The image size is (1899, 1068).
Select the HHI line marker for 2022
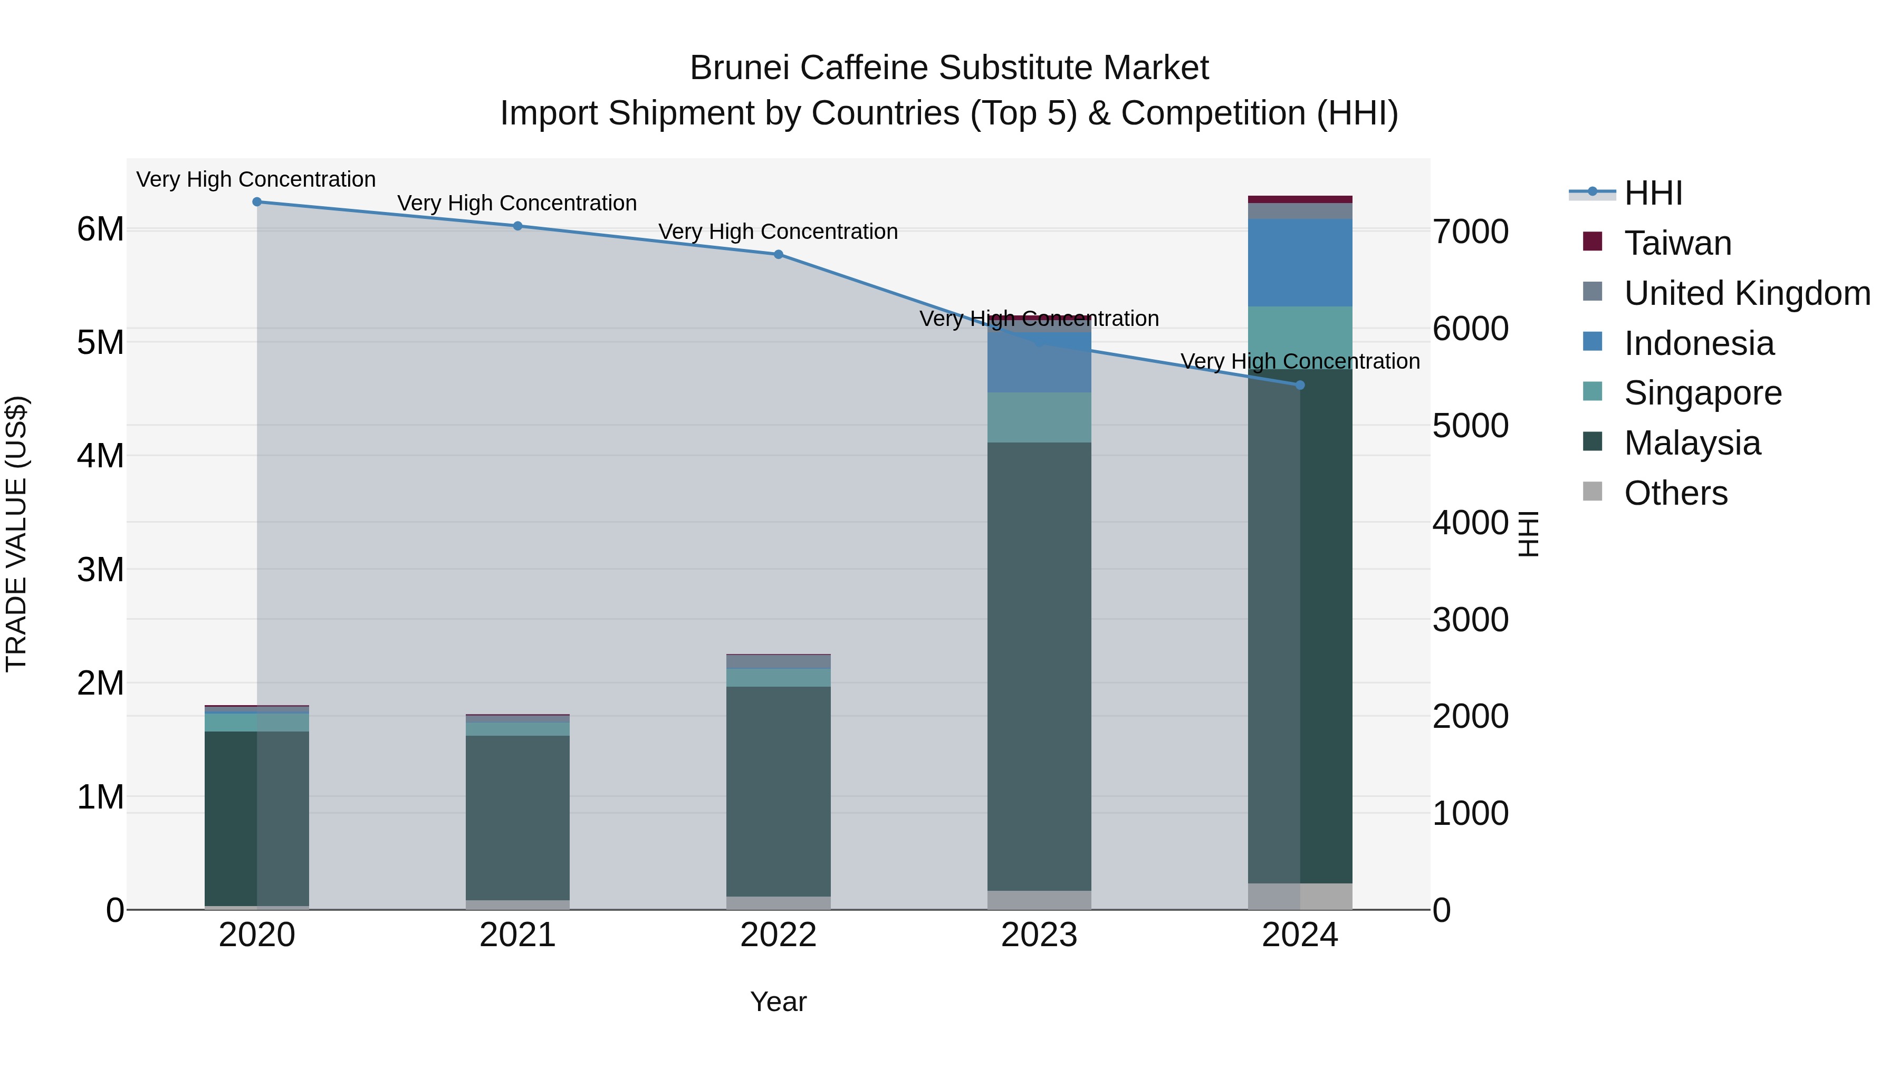click(x=779, y=254)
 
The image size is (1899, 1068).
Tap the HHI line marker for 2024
click(x=1300, y=386)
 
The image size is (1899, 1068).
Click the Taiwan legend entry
click(x=1677, y=243)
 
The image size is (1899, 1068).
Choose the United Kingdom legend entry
click(x=1747, y=293)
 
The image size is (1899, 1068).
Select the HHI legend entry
click(x=1653, y=193)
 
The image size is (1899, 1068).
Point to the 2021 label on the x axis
click(x=517, y=935)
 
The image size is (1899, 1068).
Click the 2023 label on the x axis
click(x=1039, y=935)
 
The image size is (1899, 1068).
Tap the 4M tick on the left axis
click(x=100, y=456)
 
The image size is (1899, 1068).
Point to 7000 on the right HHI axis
click(x=1470, y=232)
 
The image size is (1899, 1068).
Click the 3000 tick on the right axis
click(x=1470, y=619)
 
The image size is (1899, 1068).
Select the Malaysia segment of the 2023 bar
click(x=1039, y=663)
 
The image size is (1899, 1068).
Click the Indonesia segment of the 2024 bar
click(x=1300, y=263)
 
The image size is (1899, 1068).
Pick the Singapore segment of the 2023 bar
click(x=1039, y=417)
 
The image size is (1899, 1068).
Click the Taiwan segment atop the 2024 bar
click(x=1300, y=199)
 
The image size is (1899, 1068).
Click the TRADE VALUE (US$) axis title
click(x=16, y=534)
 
